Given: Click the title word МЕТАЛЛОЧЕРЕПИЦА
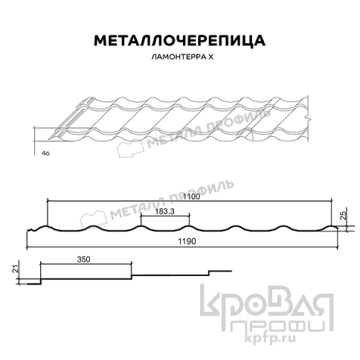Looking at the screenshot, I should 179,40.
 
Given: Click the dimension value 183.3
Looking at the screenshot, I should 165,212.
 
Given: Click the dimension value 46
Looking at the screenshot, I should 45,152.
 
